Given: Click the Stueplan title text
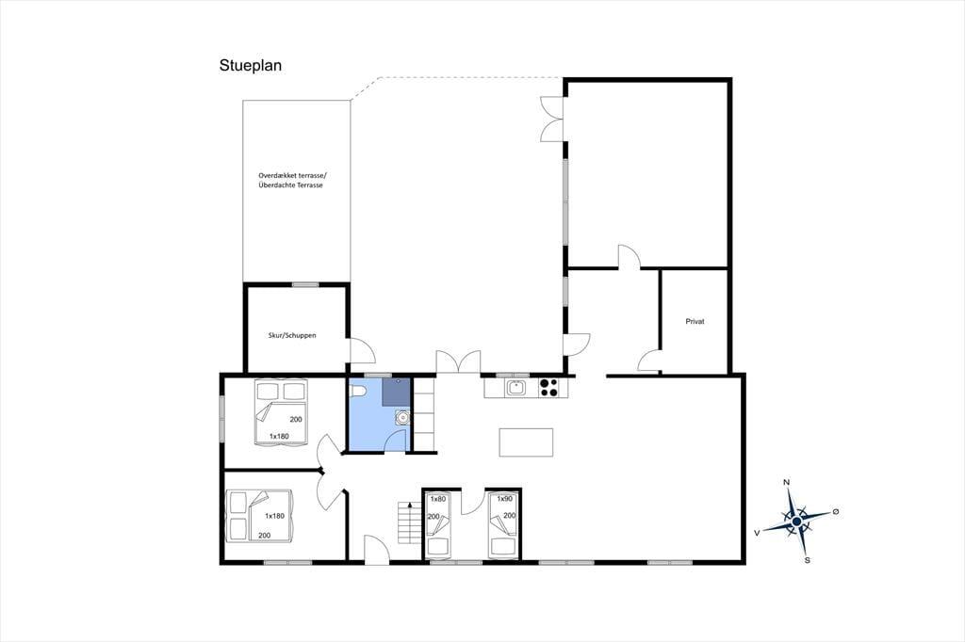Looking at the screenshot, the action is click(251, 66).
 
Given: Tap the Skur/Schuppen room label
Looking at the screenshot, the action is click(292, 335).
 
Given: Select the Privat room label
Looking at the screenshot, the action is click(695, 321).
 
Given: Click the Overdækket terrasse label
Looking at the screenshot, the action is click(293, 175).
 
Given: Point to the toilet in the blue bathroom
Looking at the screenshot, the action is click(358, 390).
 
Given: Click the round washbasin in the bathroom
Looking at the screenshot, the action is click(401, 418).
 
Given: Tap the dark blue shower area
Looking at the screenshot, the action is click(396, 392).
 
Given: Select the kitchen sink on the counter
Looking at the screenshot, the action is click(515, 388).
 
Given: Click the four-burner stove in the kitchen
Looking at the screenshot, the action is click(548, 388).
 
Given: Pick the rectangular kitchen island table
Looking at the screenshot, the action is click(526, 442).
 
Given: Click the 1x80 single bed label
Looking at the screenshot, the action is click(437, 499).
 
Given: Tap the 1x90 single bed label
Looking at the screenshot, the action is click(505, 499).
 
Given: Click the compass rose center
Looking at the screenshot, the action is click(796, 522).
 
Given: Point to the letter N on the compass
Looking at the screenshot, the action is click(786, 482).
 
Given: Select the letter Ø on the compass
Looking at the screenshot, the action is click(836, 512).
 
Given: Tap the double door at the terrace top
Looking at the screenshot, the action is click(552, 120).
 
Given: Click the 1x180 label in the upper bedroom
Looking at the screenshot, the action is click(279, 437).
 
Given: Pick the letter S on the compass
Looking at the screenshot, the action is click(808, 560).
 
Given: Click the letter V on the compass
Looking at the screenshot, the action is click(757, 533).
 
